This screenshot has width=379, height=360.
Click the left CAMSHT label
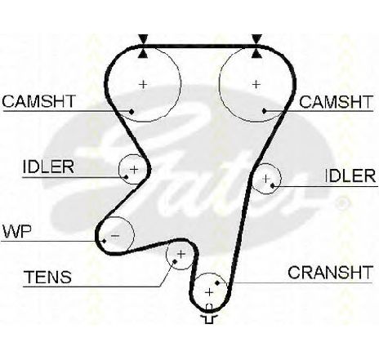(38, 101)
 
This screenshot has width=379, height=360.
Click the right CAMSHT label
(336, 102)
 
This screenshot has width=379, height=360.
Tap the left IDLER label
(48, 167)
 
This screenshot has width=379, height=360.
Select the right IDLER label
(350, 176)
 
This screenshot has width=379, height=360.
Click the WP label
(17, 232)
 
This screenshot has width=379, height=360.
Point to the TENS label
(48, 277)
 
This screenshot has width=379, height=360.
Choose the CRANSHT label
(330, 273)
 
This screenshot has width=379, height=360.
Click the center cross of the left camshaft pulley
(143, 85)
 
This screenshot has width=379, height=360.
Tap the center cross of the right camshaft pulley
(256, 85)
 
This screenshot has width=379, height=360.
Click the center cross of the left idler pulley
(134, 170)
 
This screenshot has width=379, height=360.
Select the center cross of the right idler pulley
(265, 179)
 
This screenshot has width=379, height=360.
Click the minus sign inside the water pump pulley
(115, 236)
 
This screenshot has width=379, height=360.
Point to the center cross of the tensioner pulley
(181, 255)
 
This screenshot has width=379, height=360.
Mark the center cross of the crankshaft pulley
(209, 292)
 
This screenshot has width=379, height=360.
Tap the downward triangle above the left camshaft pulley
(143, 38)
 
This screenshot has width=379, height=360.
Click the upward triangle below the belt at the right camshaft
(256, 54)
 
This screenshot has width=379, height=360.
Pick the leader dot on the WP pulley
(104, 241)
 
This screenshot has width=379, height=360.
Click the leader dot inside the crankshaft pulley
(217, 283)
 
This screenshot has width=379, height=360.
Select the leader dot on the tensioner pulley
(175, 261)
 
